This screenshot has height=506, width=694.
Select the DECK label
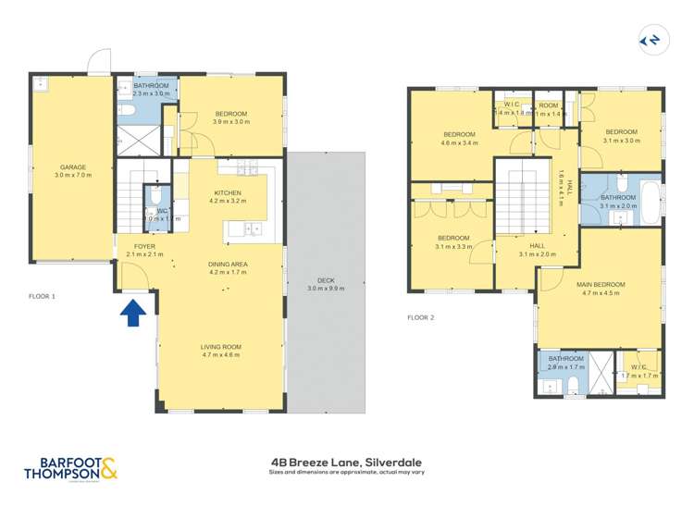[326, 279]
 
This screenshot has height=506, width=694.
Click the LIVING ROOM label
[220, 347]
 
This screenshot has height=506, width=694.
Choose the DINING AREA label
[227, 265]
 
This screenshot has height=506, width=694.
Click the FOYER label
[144, 247]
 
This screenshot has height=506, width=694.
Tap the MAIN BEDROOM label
[601, 285]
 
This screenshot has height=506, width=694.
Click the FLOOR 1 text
[42, 297]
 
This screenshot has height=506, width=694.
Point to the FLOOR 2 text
[421, 317]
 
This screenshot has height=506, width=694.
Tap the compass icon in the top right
[651, 40]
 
